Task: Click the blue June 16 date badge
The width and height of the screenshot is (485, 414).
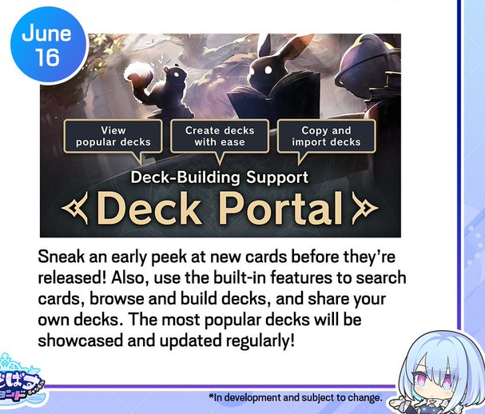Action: click(x=48, y=46)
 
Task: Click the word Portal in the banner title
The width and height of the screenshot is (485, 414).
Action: click(x=282, y=208)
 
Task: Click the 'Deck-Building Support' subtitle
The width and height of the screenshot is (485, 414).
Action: click(x=219, y=177)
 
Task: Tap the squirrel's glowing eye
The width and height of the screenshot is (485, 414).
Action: click(x=177, y=74)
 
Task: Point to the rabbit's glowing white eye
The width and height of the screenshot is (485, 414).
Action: click(x=268, y=70)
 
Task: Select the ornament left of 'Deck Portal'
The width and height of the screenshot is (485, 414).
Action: click(x=75, y=208)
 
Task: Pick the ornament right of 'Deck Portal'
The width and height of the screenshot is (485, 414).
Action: click(x=365, y=208)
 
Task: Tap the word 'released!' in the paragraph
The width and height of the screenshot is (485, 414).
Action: click(x=72, y=278)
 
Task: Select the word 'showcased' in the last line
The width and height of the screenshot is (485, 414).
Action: click(x=81, y=341)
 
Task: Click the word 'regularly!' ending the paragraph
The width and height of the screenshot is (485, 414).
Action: click(x=260, y=341)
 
